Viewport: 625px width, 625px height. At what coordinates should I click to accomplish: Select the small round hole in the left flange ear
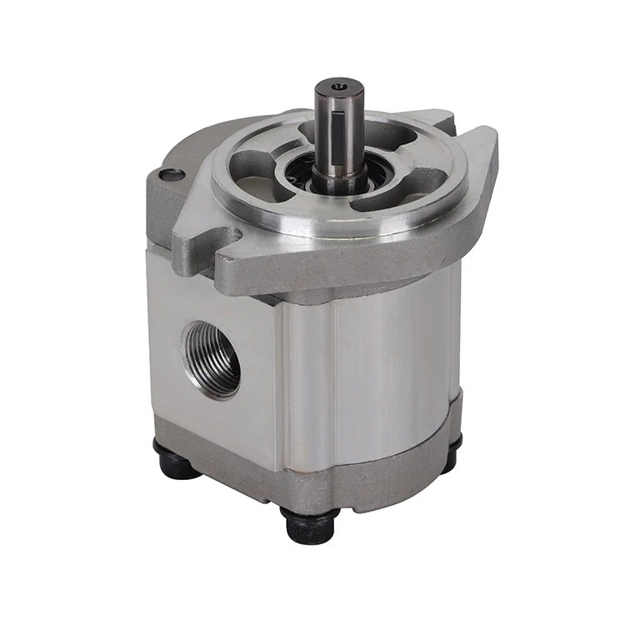pyautogui.click(x=172, y=174)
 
